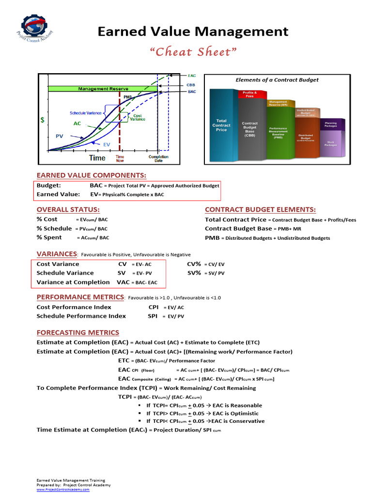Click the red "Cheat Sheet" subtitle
pos(193,52)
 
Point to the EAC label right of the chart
pos(191,76)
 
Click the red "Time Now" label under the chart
pos(120,158)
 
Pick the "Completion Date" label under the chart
pos(158,158)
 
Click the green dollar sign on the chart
pos(42,119)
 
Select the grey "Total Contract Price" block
pos(221,125)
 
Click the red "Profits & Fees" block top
pos(250,94)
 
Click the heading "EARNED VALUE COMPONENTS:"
pos(91,175)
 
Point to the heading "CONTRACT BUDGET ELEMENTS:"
pos(260,210)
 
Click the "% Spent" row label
pos(49,237)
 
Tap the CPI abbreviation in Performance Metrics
pos(154,307)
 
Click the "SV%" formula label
pos(194,273)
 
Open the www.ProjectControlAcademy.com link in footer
pos(63,489)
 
